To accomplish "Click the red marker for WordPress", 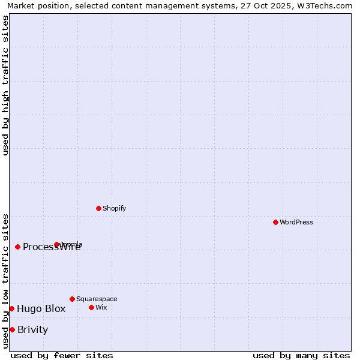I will pos(275,222).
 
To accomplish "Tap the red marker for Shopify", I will pos(98,208).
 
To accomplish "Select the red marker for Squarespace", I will pos(72,299).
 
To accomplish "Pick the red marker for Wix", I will pos(91,307).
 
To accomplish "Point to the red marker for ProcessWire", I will pos(17,247).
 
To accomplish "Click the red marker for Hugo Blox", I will pos(11,308).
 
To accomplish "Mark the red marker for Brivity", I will pos(12,329).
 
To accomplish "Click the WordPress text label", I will pos(296,222).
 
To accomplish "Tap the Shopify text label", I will pos(115,208).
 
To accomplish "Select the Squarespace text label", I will pos(97,299).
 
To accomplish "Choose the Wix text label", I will pos(101,307).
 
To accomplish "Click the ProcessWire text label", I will pos(52,247).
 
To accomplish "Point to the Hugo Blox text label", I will pos(41,309).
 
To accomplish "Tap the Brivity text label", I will pos(32,330).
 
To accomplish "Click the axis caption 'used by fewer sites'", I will pos(62,355).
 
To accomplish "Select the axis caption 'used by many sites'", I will pos(301,355).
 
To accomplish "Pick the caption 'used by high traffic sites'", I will pos(6,85).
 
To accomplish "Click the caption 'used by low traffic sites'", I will pos(6,281).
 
